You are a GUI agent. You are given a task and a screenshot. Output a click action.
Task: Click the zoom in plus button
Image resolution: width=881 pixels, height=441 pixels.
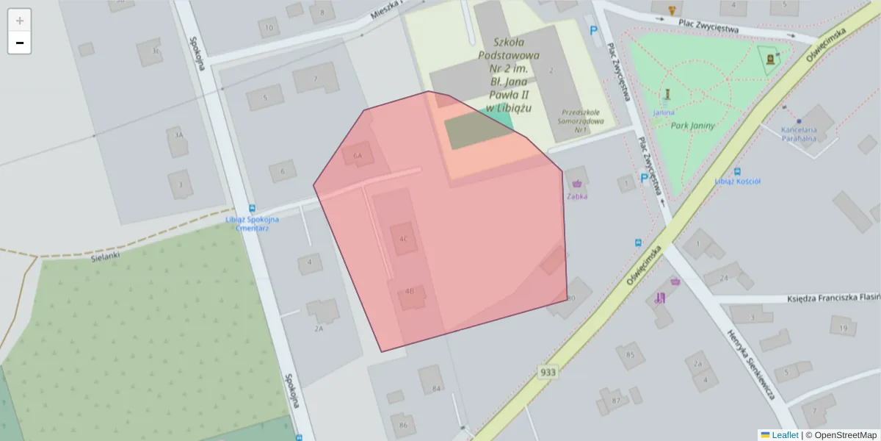coord(19,21)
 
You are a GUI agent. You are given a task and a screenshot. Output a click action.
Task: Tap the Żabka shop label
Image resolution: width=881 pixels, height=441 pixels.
coord(576,197)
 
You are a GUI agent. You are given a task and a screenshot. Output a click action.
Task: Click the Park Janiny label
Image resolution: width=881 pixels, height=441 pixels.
coord(692,126)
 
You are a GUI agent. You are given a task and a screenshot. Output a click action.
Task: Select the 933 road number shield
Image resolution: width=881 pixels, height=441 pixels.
coord(547,372)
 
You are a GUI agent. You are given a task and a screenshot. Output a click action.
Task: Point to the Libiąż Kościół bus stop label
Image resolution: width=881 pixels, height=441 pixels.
coord(737,182)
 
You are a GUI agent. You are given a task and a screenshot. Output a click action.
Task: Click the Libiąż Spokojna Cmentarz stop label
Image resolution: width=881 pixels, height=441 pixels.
coord(252,224)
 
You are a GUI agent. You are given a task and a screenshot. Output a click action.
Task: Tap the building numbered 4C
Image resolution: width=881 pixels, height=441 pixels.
coord(403,239)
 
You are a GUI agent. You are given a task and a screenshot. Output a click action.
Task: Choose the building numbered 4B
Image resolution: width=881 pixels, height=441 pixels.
coord(410,292)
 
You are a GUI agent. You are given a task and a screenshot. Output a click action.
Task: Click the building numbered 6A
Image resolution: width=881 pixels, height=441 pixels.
coord(358,156)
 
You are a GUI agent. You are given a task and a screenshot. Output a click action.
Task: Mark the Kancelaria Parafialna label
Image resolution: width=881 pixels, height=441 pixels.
coord(798,134)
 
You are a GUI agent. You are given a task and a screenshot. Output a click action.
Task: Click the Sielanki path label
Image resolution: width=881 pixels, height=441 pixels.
coord(105,257)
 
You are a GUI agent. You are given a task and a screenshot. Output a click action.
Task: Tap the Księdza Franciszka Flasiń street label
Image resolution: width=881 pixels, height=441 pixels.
coord(833,298)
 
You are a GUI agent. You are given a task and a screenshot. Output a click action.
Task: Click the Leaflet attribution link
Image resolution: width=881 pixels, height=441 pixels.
coord(784,435)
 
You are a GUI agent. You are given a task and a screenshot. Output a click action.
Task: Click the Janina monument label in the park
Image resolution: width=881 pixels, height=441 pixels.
coord(664,112)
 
